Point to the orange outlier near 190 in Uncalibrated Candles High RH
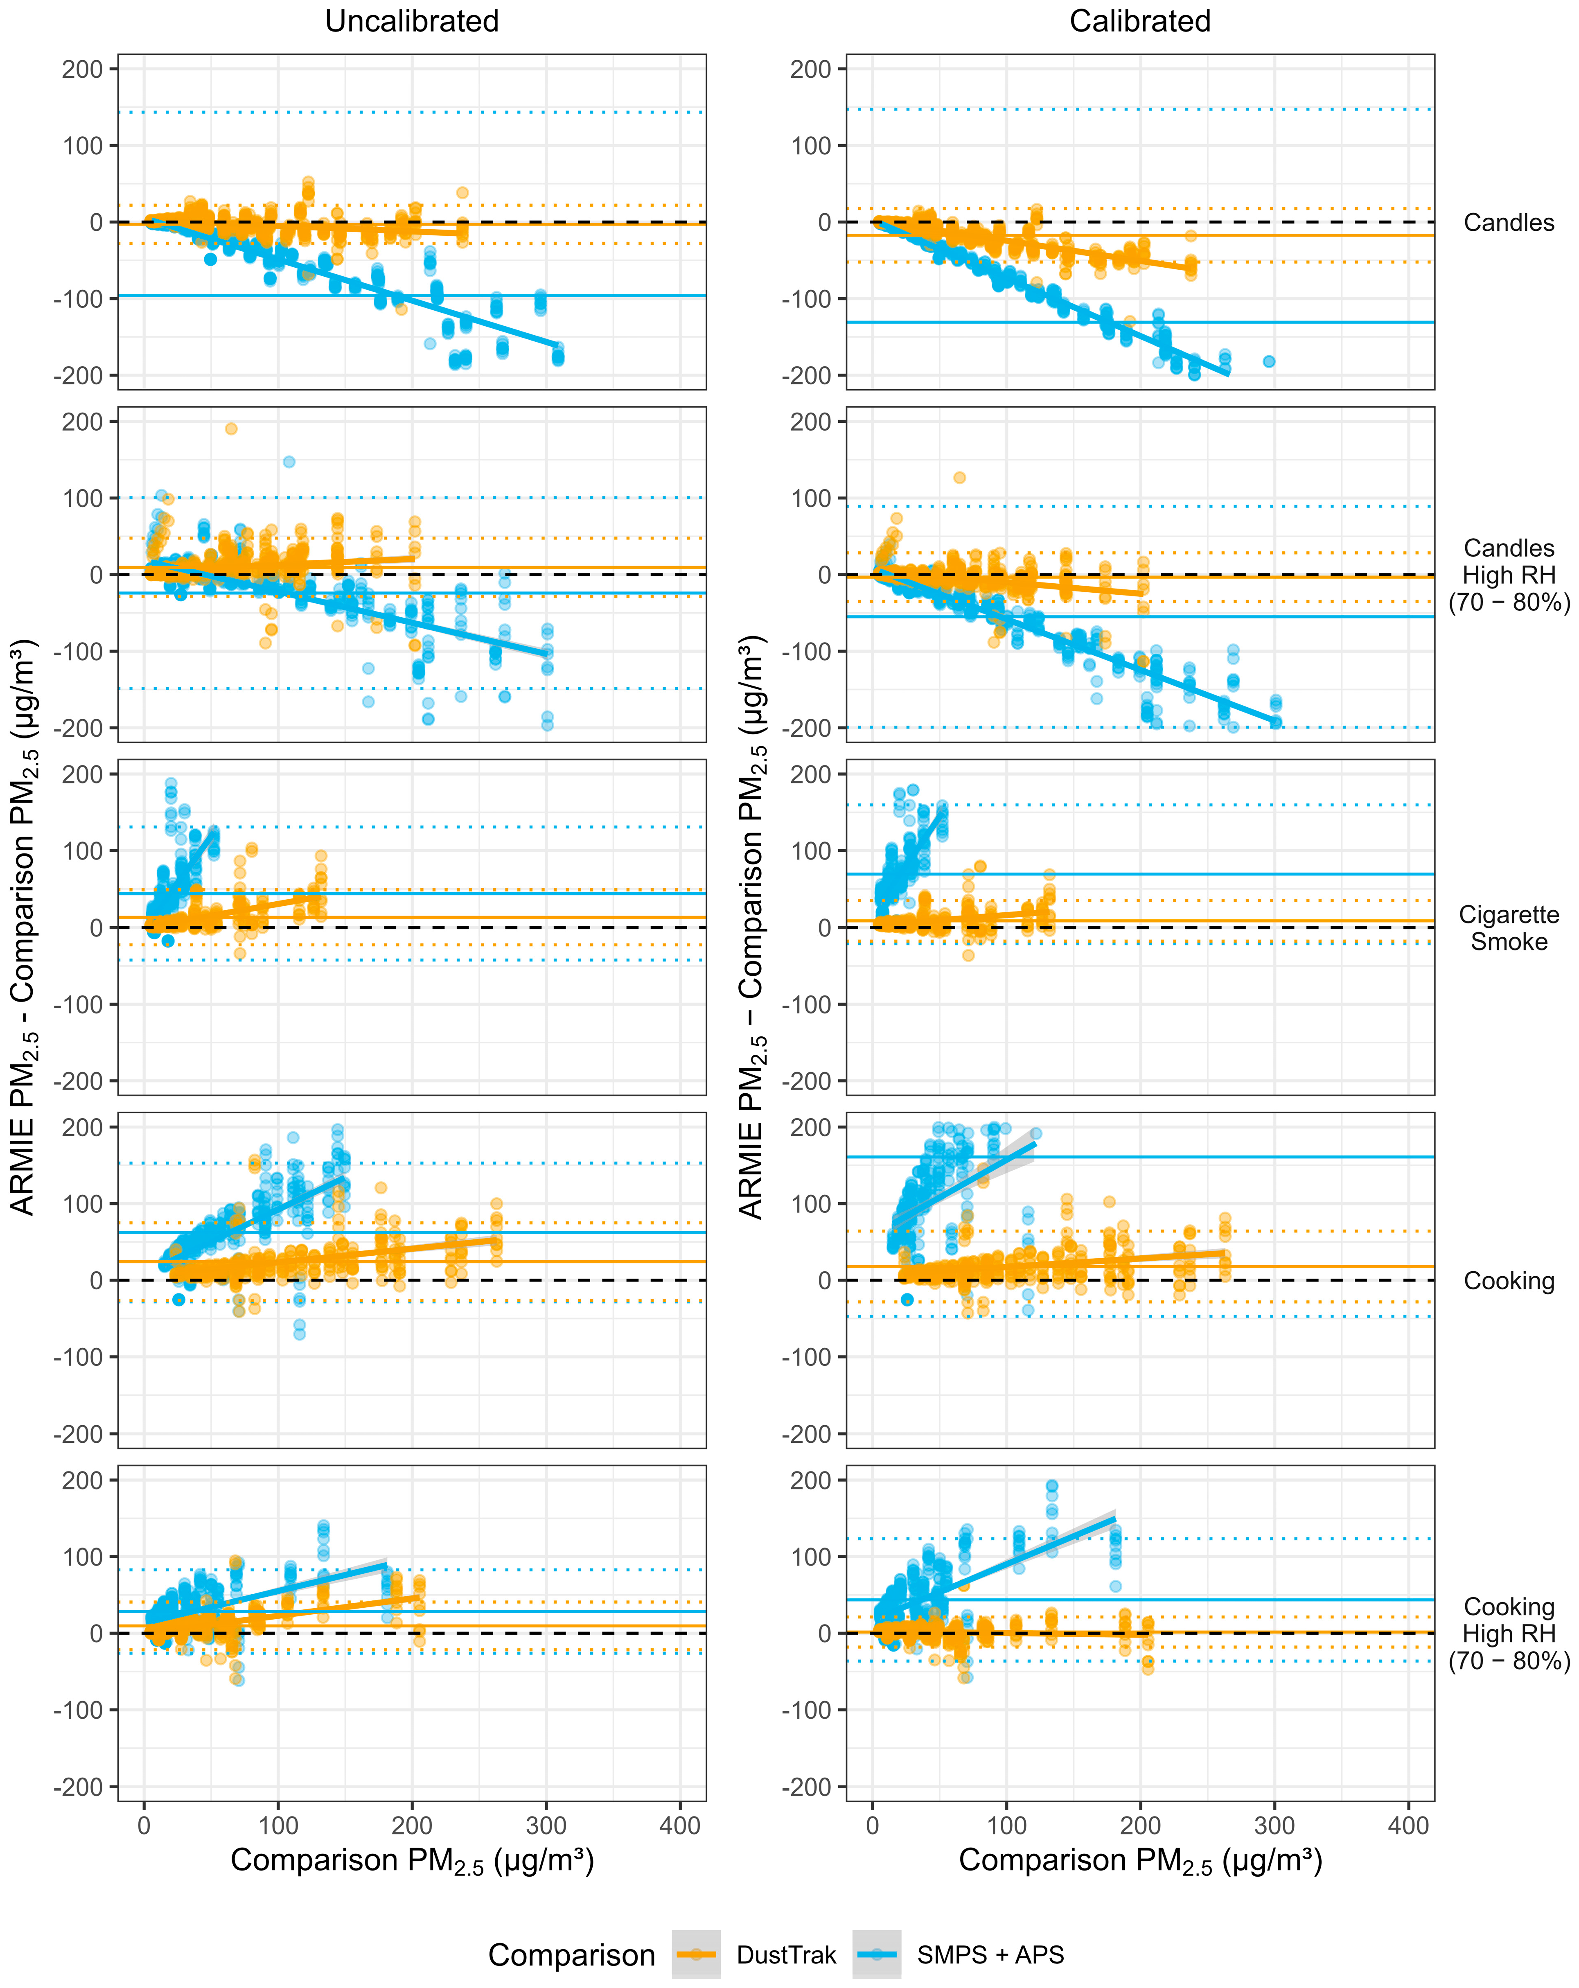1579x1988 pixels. (231, 429)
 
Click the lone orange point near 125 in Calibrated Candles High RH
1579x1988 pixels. (960, 478)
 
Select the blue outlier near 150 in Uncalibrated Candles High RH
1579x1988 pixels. (289, 462)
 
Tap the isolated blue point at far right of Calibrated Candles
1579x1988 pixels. (1269, 361)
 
